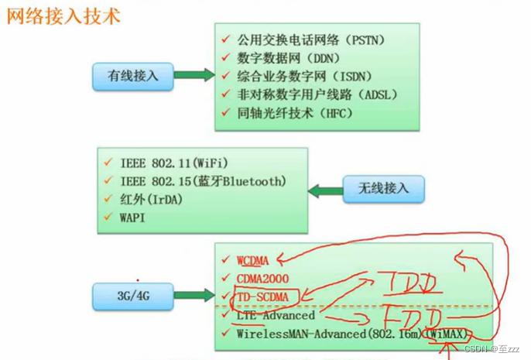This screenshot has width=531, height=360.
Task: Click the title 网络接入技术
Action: pyautogui.click(x=63, y=15)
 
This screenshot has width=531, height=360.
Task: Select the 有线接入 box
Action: pyautogui.click(x=132, y=75)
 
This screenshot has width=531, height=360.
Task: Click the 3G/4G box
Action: pyautogui.click(x=132, y=294)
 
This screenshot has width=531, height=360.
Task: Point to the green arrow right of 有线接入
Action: pyautogui.click(x=193, y=75)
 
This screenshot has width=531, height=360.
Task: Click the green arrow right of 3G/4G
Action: pyautogui.click(x=193, y=294)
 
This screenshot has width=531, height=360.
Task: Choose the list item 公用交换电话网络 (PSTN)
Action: pyautogui.click(x=311, y=39)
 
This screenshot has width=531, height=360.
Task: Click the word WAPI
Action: pyautogui.click(x=132, y=218)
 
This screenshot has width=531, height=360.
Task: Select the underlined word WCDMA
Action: pyautogui.click(x=252, y=261)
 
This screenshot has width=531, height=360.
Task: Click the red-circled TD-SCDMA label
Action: pyautogui.click(x=263, y=297)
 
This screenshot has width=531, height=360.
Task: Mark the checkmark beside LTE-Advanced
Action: pyautogui.click(x=225, y=316)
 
